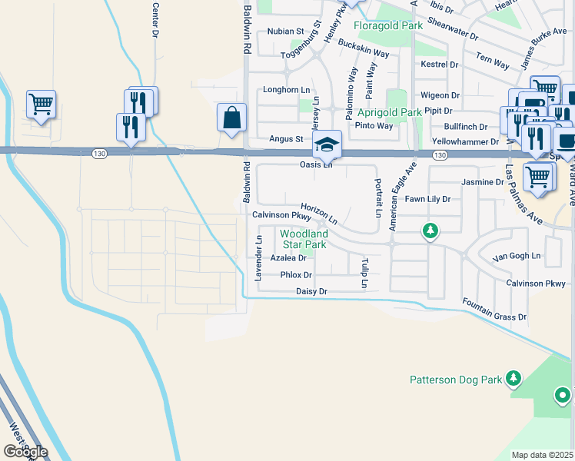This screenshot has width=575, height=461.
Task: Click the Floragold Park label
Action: (388, 25)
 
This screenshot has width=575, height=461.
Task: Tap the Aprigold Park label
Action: (388, 112)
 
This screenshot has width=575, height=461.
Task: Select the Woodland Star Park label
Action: (304, 239)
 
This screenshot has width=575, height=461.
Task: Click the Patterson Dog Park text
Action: (455, 379)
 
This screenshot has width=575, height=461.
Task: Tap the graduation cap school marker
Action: (327, 144)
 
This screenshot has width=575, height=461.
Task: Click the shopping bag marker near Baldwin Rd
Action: (231, 118)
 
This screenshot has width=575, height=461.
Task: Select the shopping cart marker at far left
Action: (41, 104)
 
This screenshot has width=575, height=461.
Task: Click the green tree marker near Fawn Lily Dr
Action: (431, 230)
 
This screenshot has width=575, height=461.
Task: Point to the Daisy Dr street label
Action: (311, 292)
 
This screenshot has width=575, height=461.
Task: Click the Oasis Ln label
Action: (316, 164)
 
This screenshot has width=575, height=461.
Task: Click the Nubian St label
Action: (286, 32)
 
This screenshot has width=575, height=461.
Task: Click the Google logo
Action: (25, 451)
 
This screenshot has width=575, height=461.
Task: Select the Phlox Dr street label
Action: (296, 274)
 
